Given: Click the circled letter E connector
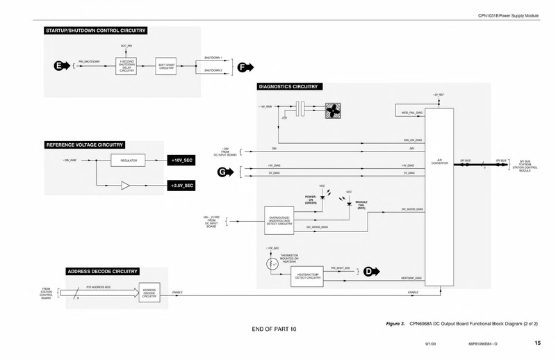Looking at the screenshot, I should tap(58, 66).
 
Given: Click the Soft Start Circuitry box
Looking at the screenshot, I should tap(165, 66).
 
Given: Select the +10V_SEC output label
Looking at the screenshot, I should tap(183, 161).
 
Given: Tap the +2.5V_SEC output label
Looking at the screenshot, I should tap(183, 186).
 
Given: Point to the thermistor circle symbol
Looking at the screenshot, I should tap(269, 264).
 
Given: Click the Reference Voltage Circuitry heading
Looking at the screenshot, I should tap(84, 145).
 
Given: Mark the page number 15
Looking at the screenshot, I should tap(537, 343).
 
